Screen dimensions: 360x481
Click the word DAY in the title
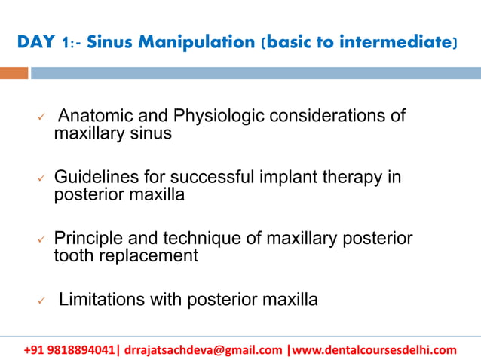(35, 43)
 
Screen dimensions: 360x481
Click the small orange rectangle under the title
(14, 73)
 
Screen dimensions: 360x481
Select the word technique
(200, 239)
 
